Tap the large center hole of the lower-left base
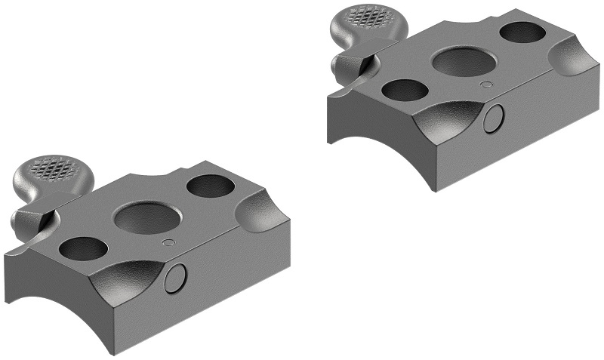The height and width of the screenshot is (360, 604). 145,219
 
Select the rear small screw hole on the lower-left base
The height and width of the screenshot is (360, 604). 211,186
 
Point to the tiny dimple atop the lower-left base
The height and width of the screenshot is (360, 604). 169,242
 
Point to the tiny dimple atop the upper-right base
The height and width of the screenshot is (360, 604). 488,86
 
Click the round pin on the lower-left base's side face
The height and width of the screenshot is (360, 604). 175,278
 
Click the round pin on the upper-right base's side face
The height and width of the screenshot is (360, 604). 494,119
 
